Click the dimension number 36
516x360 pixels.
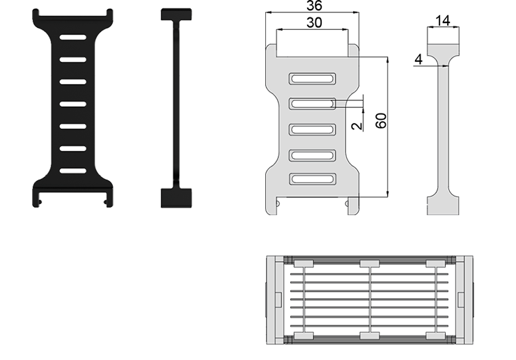pos(314,6)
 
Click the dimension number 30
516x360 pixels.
pos(314,23)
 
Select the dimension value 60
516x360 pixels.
pos(381,120)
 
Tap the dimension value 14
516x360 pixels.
pos(443,21)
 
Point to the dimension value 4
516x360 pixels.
pos(419,60)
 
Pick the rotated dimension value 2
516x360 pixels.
pos(357,126)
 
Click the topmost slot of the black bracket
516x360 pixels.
pos(72,37)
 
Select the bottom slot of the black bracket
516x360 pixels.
pos(72,171)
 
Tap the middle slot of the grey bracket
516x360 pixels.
pos(312,130)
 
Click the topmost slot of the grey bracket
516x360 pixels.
pos(312,79)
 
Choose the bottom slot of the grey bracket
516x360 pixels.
pos(312,179)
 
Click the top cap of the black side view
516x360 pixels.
pos(176,15)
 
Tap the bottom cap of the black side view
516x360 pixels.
pos(176,198)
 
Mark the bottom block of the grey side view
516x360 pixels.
pos(444,205)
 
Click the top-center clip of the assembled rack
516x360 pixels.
pos(370,264)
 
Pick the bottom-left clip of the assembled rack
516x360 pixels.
pos(304,336)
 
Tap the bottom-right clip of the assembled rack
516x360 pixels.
pos(436,336)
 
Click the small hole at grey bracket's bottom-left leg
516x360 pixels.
pos(278,204)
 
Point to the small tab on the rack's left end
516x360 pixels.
pos(278,300)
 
